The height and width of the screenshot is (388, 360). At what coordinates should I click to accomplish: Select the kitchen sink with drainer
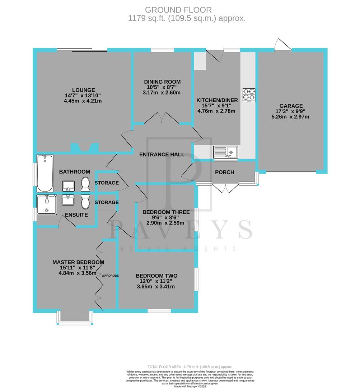[225, 152]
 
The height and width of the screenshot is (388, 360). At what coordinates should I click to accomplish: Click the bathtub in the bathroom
[45, 173]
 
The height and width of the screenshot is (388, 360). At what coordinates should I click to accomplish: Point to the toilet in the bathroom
[85, 185]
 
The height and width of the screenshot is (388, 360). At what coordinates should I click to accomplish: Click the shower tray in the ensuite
[47, 204]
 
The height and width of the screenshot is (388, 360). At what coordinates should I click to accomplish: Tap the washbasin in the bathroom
[68, 186]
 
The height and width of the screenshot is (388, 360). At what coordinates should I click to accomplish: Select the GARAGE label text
[291, 106]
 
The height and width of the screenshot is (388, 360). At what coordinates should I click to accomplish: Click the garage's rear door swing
[283, 45]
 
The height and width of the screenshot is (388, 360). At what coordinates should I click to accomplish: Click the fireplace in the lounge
[85, 147]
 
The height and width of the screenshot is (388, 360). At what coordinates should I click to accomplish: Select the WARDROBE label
[110, 276]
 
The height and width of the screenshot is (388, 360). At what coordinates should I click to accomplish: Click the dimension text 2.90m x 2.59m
[161, 223]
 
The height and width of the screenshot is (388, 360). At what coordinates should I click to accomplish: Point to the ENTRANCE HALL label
[162, 154]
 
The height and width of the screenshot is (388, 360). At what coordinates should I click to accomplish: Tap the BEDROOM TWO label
[156, 276]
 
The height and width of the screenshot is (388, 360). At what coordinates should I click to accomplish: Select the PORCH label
[224, 172]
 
